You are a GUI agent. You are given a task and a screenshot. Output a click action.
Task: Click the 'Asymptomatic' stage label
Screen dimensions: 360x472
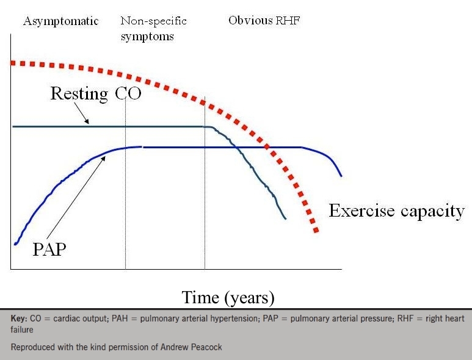click(60, 21)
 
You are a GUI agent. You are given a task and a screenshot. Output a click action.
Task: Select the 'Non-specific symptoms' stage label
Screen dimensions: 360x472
click(153, 29)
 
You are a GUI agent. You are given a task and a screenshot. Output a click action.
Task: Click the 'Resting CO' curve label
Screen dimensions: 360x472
click(95, 94)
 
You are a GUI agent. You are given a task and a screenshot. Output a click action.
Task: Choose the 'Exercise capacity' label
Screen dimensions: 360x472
click(397, 211)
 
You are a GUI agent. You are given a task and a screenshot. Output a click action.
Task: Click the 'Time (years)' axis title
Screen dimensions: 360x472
click(228, 298)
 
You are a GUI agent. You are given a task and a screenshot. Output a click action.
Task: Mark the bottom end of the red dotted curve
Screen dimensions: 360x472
click(316, 230)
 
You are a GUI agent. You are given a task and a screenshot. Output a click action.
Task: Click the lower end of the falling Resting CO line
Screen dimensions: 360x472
click(285, 218)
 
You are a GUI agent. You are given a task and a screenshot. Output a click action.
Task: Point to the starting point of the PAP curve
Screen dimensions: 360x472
click(15, 244)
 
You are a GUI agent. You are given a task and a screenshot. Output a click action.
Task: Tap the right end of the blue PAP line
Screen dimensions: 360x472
click(341, 176)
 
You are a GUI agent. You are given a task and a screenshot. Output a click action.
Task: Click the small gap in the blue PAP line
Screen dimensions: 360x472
click(143, 147)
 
